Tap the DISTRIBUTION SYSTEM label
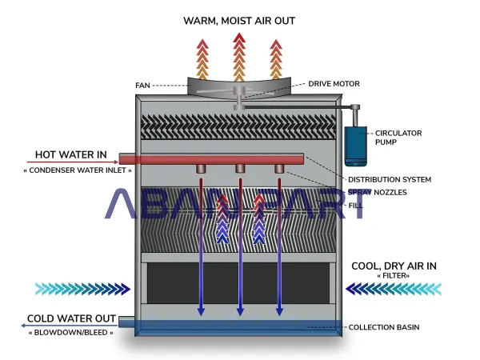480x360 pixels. [x=390, y=179]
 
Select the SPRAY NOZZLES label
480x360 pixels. [x=378, y=193]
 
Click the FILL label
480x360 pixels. [x=355, y=206]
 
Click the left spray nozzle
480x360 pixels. [x=201, y=169]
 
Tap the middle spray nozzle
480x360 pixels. [x=240, y=169]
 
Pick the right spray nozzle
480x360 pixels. [x=279, y=169]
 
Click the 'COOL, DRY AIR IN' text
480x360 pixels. [x=393, y=266]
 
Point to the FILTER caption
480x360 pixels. [x=393, y=277]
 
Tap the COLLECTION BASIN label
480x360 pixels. [x=384, y=327]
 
